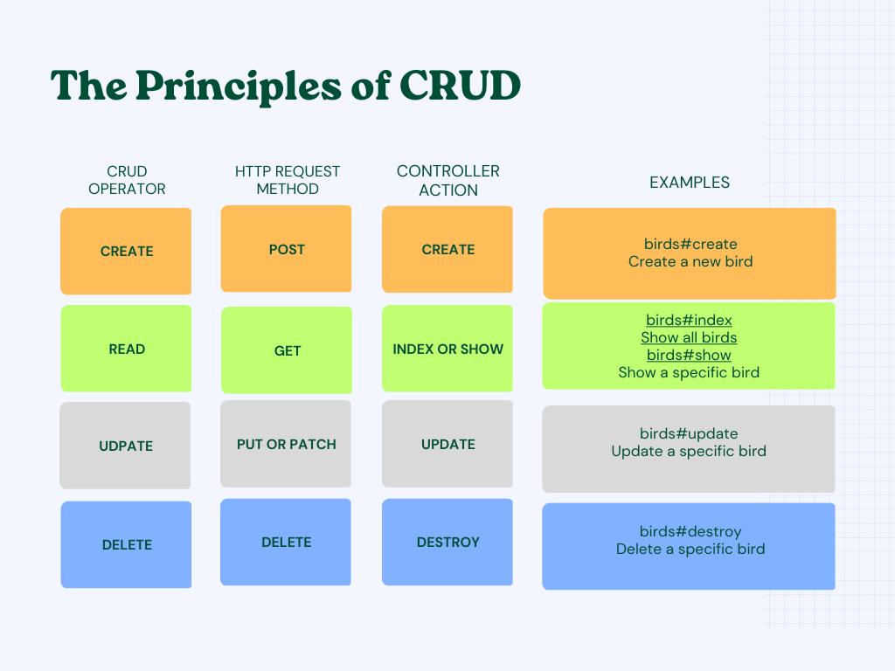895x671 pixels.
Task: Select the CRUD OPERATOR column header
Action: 127,180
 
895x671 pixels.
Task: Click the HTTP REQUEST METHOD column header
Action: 288,180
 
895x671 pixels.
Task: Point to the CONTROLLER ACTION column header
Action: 448,180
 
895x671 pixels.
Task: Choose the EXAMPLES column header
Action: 690,183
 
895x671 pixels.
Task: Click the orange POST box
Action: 287,249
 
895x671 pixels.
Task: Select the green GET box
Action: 287,350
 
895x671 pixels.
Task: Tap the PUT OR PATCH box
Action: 286,444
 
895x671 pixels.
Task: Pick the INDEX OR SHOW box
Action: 447,349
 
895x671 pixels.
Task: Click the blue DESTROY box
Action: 447,542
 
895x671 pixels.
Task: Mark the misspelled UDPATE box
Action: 126,446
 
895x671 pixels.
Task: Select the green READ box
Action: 127,349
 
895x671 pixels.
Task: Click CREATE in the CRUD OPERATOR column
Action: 127,251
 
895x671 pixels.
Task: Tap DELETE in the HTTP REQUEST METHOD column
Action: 286,542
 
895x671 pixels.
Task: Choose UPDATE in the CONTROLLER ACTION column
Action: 447,444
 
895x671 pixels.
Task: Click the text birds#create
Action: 690,244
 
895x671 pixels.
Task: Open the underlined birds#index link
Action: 689,321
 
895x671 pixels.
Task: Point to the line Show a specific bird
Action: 689,372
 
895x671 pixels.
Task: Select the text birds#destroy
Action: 690,531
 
